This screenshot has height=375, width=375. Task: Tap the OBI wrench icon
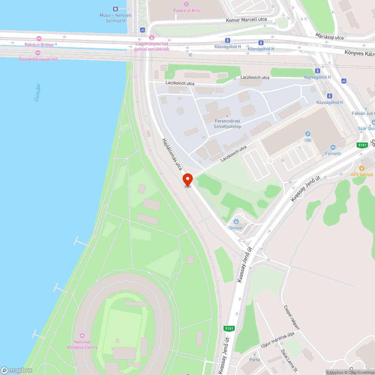tap(307, 134)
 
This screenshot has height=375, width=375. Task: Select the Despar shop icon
tap(236, 221)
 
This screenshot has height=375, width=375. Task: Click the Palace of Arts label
tap(186, 10)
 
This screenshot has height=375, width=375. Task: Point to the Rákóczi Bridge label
tap(39, 45)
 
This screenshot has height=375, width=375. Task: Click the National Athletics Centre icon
tap(82, 335)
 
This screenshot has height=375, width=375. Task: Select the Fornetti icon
tap(333, 147)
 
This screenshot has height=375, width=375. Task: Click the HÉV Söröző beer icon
tap(362, 168)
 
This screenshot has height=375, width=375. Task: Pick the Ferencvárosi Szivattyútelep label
tap(227, 124)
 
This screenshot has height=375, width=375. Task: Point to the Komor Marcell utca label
tap(246, 19)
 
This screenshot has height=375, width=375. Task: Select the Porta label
tap(255, 360)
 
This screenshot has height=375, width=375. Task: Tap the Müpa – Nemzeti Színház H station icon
tap(115, 9)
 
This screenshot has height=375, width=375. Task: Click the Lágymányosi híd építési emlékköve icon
tap(151, 37)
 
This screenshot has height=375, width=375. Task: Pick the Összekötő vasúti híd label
tap(38, 59)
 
